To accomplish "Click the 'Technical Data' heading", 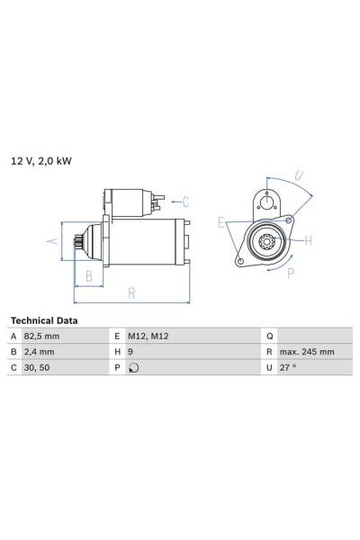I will click(43, 320).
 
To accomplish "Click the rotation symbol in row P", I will click(135, 368).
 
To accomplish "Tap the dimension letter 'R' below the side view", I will click(131, 292).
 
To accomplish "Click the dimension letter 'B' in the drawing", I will click(88, 275).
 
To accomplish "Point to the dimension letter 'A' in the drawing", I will click(51, 241).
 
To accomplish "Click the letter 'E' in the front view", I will click(220, 222).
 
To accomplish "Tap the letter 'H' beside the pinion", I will click(308, 239).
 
